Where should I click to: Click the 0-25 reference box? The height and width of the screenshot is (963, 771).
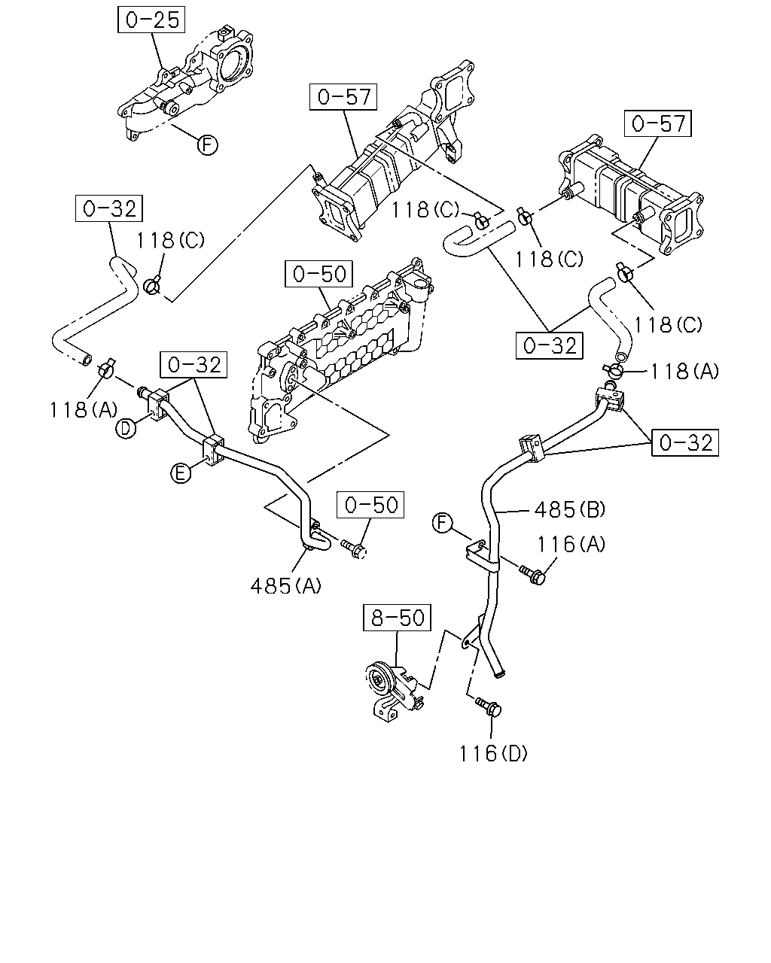151,20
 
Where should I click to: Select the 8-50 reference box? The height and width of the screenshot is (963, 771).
397,618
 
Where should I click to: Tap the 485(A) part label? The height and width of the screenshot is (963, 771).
286,586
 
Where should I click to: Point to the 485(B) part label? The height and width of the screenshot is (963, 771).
569,509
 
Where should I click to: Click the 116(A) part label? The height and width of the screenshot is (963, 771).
571,544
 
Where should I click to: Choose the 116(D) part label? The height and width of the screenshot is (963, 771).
493,754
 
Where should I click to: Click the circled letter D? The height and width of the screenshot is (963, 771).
126,428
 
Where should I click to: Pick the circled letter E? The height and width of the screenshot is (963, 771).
181,473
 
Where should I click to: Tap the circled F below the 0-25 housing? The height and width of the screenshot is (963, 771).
207,145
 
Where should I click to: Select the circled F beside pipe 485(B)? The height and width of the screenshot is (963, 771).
443,523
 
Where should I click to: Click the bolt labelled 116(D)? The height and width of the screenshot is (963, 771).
489,707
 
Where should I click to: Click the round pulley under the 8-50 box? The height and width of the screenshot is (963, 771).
379,682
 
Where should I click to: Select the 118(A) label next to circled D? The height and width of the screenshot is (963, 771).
84,410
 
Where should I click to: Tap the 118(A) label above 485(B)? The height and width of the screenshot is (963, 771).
684,372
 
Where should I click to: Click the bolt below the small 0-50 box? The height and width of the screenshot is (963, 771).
354,549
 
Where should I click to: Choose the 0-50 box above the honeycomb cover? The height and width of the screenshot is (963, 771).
319,274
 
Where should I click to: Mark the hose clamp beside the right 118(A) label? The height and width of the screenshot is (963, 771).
613,369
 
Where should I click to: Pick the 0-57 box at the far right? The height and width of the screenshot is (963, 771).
657,123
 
